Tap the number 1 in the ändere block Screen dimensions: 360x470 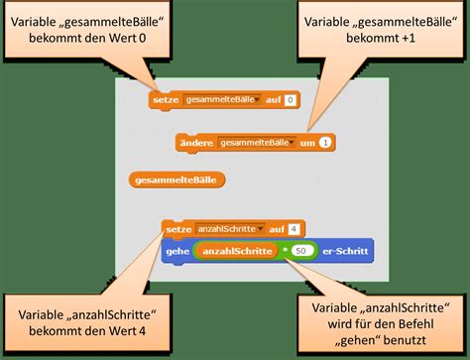point(325,143)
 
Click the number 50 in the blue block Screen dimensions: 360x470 point(302,250)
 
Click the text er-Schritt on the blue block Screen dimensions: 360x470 point(344,250)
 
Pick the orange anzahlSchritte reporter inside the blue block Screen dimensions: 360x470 point(236,250)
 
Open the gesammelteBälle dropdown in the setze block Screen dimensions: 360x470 point(256,100)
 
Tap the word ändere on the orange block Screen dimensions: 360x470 point(198,143)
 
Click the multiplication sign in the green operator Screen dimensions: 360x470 point(283,250)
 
